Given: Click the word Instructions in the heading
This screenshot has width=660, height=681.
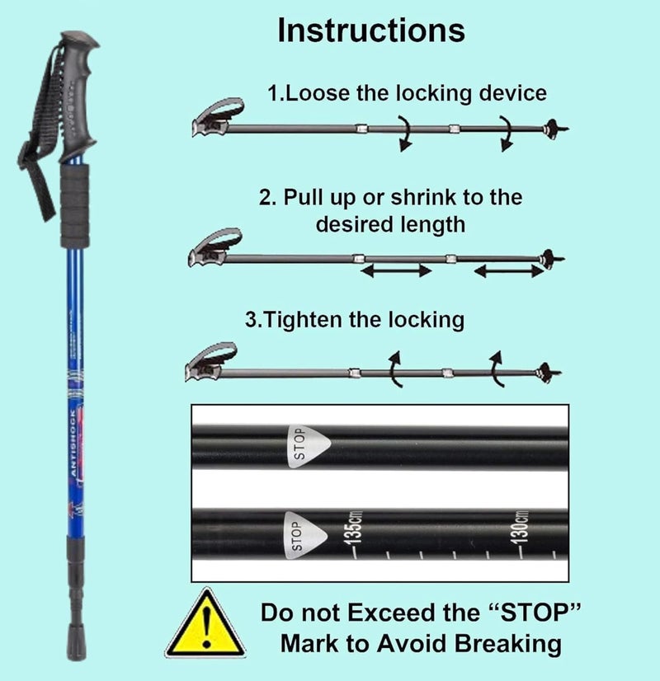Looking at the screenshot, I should [x=371, y=31].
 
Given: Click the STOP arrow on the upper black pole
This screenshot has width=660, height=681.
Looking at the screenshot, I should [x=306, y=444].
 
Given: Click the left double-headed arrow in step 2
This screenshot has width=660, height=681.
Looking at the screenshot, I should [x=396, y=270].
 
